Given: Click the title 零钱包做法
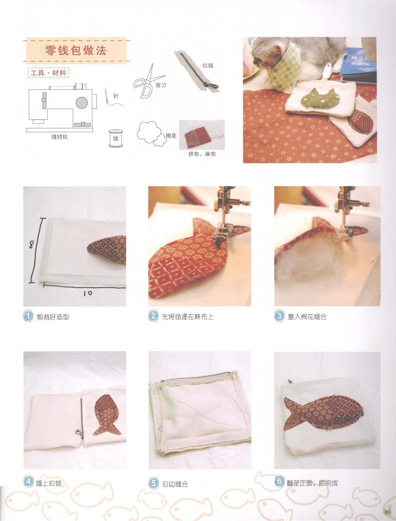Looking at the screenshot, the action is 76,50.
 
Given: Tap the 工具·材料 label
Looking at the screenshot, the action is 48,73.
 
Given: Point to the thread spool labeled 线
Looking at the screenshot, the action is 115,138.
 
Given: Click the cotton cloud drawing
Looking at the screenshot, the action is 152,133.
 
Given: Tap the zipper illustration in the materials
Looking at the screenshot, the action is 197,71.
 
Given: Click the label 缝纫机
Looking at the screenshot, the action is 60,136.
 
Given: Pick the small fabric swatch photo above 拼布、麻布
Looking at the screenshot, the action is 201,134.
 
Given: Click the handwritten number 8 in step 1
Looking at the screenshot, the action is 31,245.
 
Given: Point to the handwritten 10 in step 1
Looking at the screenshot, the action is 88,293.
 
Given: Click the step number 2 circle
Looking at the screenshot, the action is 153,316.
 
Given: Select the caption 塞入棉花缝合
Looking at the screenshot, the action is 307,317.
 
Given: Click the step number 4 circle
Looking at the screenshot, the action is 28,482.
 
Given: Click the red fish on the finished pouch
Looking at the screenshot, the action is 323,412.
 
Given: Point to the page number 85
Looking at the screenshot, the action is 387,512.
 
